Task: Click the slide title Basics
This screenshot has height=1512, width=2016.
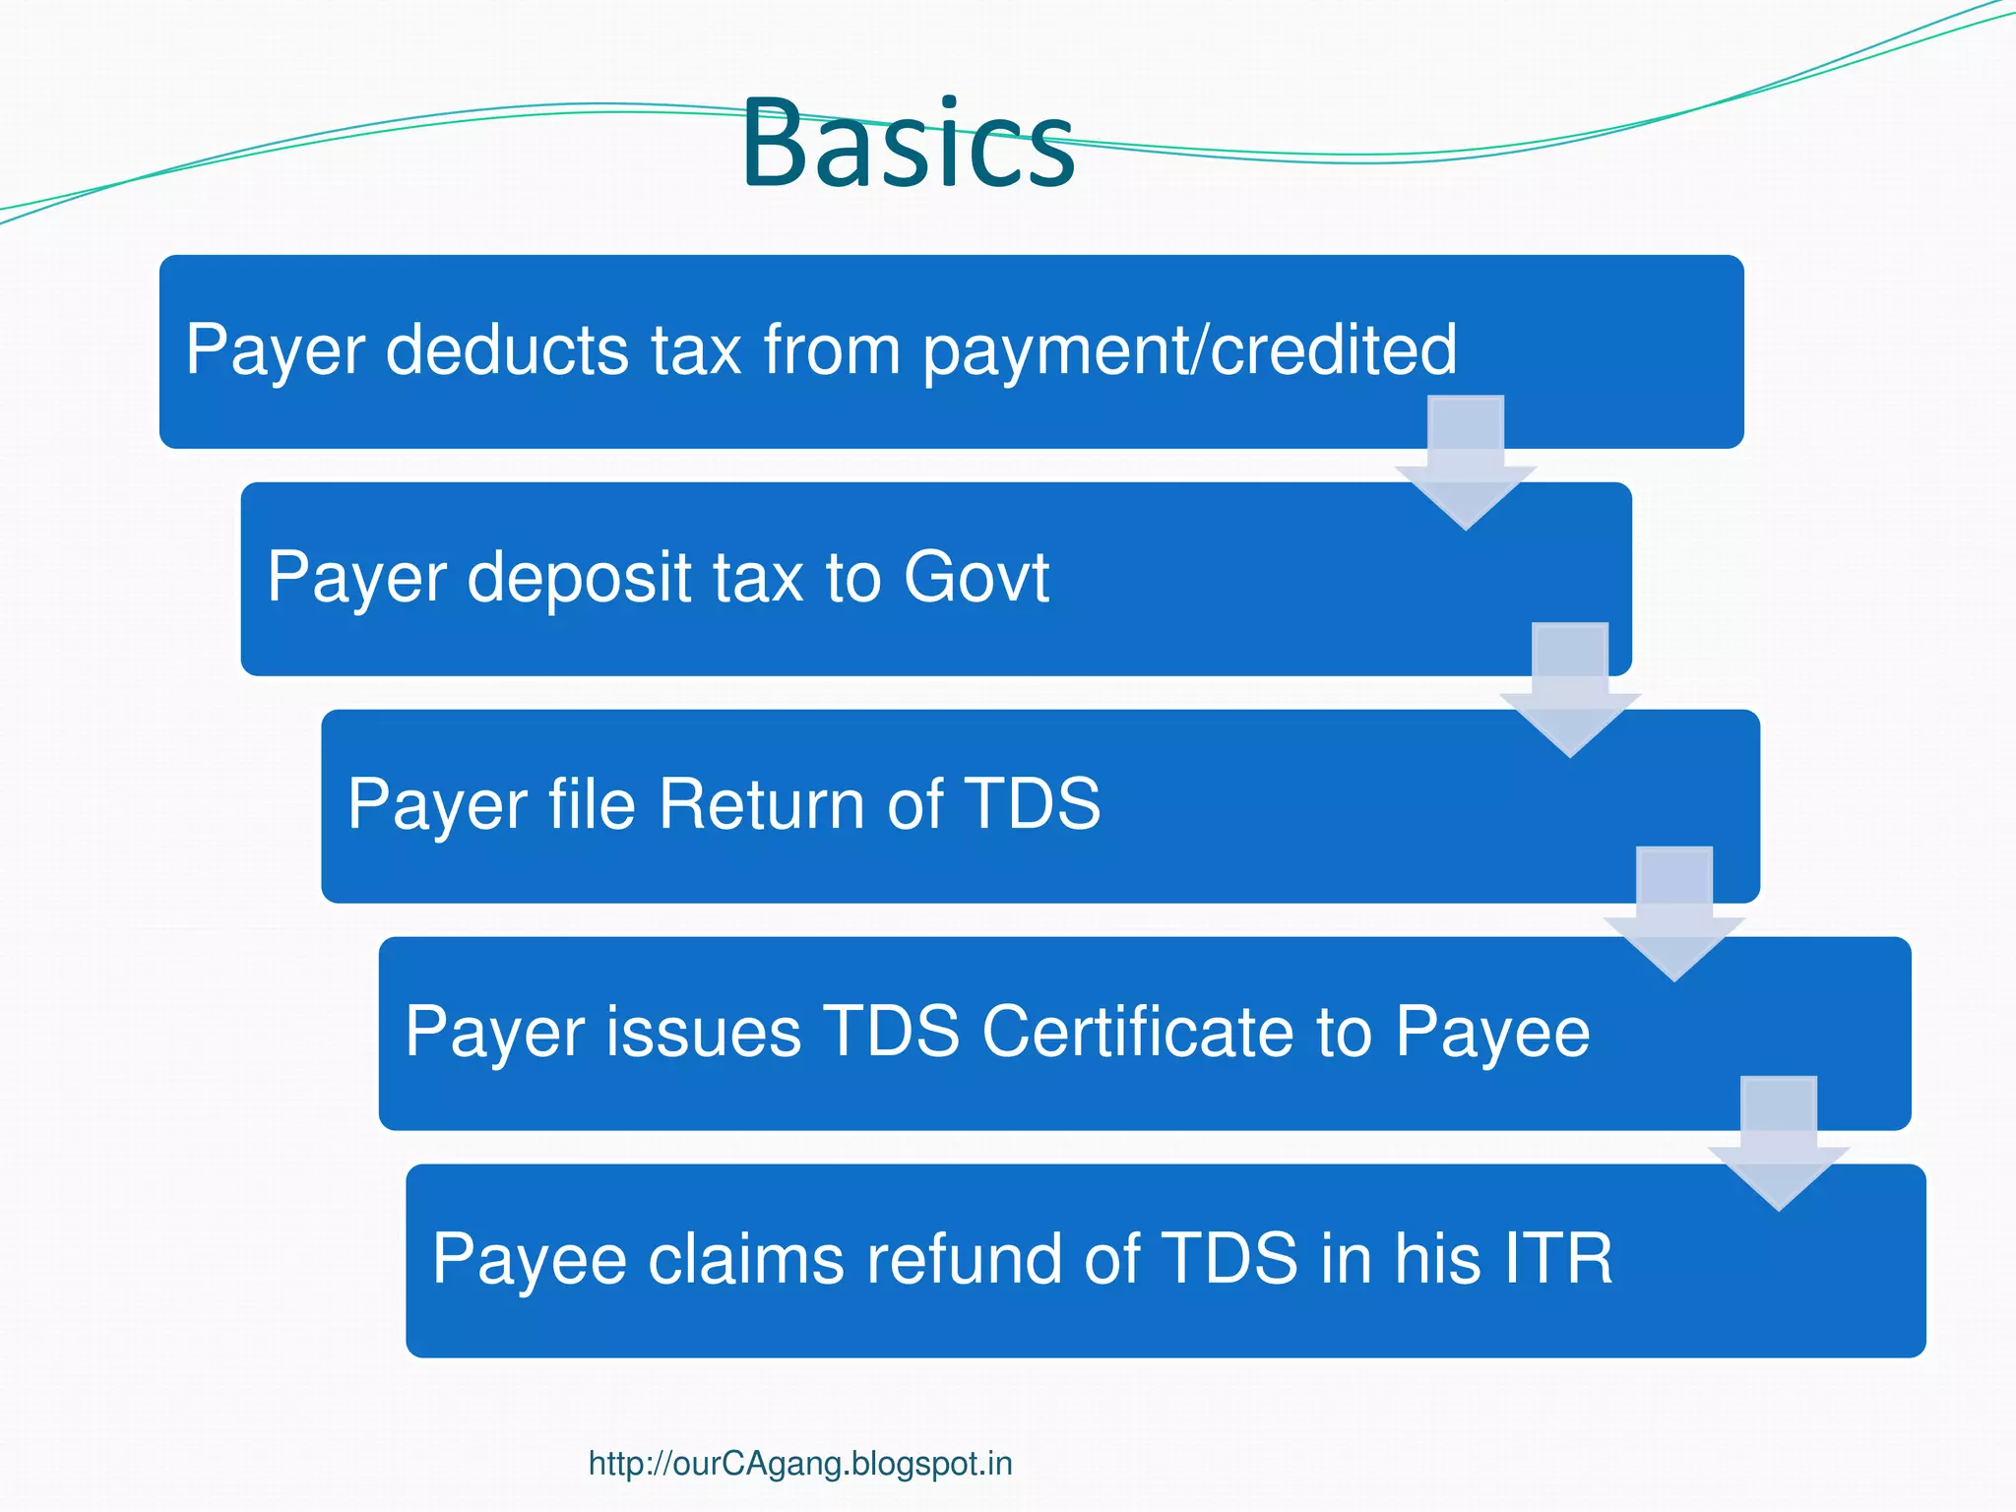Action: coord(908,144)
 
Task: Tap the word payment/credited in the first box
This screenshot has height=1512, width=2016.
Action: coord(1189,351)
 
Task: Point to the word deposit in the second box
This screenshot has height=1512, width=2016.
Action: coord(579,579)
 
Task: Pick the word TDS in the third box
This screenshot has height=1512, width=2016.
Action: coord(1031,804)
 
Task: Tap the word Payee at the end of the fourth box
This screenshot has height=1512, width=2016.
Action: coord(1491,1034)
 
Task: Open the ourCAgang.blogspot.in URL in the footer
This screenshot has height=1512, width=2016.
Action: coord(799,1464)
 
